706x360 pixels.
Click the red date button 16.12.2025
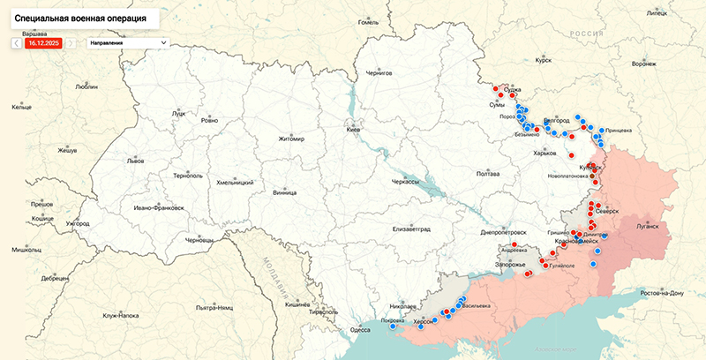(x=42, y=42)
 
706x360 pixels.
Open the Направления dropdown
(x=128, y=42)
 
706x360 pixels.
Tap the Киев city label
(x=353, y=130)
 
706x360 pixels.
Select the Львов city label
(x=135, y=161)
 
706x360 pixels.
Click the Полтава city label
(x=488, y=173)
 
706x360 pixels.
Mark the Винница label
(x=284, y=191)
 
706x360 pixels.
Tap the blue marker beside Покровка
(x=393, y=326)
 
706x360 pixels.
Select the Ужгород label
(x=76, y=223)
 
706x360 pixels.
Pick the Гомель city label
(x=368, y=22)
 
